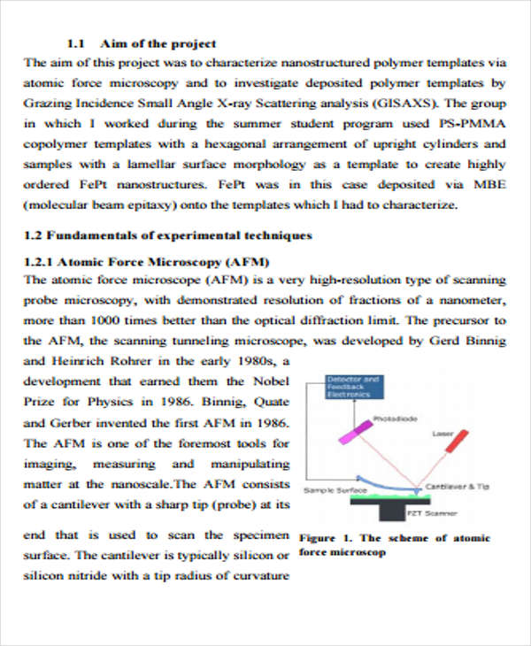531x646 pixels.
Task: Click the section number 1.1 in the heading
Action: pyautogui.click(x=75, y=43)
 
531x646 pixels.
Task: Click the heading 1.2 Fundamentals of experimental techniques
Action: pyautogui.click(x=167, y=235)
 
